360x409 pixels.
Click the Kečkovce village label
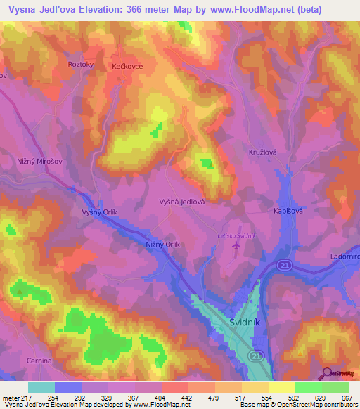[127, 66]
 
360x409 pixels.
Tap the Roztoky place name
[82, 64]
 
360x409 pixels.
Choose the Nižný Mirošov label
[37, 162]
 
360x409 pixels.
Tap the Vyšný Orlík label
[98, 212]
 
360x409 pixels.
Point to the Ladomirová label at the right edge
[345, 257]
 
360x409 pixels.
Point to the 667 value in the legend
[345, 398]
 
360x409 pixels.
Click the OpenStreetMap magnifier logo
[326, 372]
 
